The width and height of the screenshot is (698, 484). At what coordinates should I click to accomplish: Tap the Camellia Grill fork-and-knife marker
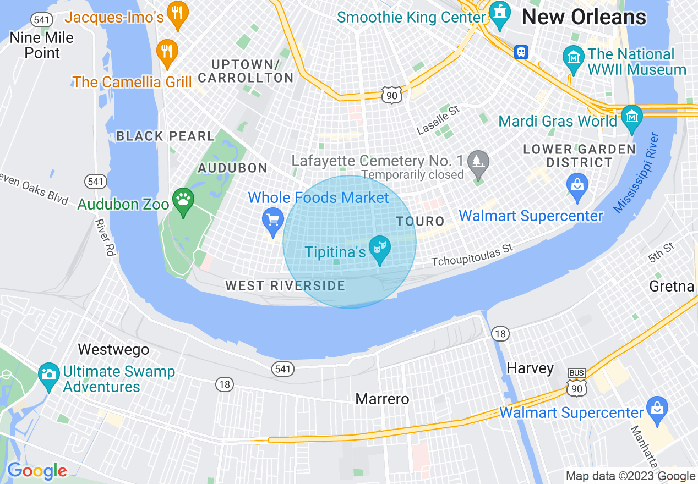click(x=167, y=51)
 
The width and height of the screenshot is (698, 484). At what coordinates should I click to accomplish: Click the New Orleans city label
click(x=584, y=17)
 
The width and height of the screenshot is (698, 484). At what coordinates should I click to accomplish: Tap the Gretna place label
click(x=672, y=286)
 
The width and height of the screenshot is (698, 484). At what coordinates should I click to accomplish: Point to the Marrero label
click(x=383, y=399)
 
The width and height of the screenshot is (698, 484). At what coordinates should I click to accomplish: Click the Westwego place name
click(x=113, y=350)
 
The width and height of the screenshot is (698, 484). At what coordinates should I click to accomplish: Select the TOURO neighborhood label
click(x=420, y=222)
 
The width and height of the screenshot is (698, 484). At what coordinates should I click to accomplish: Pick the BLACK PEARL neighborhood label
click(x=165, y=136)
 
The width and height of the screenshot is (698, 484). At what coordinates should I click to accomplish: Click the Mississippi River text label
click(x=636, y=172)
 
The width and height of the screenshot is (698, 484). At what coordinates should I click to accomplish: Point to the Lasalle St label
click(x=438, y=120)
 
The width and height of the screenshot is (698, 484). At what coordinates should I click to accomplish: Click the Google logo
click(x=37, y=471)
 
